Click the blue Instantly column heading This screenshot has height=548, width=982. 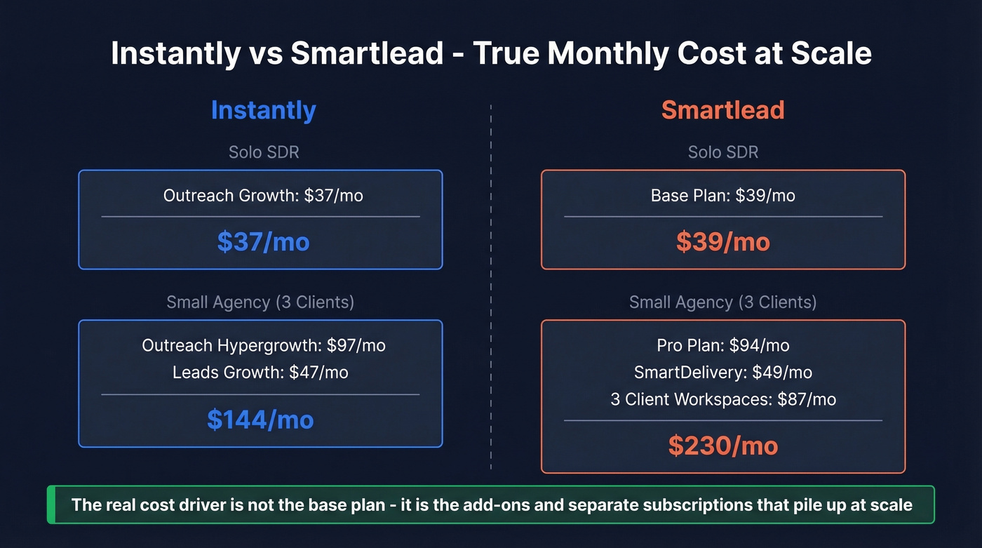(x=263, y=110)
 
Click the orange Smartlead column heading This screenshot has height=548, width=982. (x=722, y=110)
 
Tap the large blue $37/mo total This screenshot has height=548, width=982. (x=263, y=241)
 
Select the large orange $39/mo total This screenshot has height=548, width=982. (x=722, y=241)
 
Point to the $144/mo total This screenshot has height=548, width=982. (x=260, y=419)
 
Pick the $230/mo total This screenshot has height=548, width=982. (x=722, y=446)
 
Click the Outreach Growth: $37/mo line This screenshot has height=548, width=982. (x=263, y=195)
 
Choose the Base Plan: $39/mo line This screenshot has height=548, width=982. (x=722, y=195)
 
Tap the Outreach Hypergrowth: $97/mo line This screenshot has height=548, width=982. (x=263, y=345)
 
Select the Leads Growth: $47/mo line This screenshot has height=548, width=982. (x=260, y=372)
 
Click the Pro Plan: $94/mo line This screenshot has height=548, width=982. (x=722, y=345)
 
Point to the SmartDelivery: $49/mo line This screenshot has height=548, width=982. (x=722, y=372)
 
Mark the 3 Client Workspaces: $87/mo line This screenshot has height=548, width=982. (x=722, y=399)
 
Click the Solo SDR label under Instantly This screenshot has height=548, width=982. (x=263, y=152)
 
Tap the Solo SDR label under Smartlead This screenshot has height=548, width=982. (x=722, y=152)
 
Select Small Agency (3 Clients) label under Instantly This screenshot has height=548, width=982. (x=260, y=302)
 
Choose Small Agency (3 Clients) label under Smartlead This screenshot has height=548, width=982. (x=722, y=302)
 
